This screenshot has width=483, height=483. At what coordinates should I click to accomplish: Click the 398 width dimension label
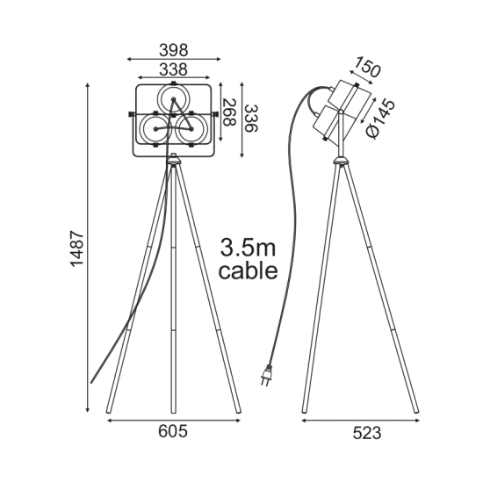point(173,50)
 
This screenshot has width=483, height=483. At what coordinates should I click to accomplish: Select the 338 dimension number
point(173,69)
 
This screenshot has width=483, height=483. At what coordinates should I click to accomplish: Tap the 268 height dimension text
point(229,112)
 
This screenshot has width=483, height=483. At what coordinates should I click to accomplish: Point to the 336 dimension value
point(251,119)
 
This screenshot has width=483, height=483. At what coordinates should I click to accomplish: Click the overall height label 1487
point(76,249)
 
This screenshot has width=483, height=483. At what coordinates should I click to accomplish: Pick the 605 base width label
point(173,431)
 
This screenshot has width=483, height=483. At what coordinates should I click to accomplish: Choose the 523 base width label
point(367,433)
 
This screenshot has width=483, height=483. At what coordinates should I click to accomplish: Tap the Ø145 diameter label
point(381,119)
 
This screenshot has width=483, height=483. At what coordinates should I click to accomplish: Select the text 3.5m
point(248,248)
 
